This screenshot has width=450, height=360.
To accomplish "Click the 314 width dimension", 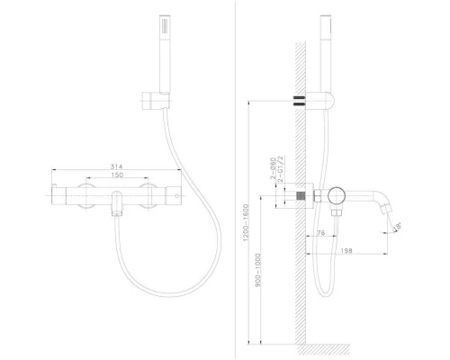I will point(116,167).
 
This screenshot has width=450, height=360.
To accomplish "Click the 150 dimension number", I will point(116,177).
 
